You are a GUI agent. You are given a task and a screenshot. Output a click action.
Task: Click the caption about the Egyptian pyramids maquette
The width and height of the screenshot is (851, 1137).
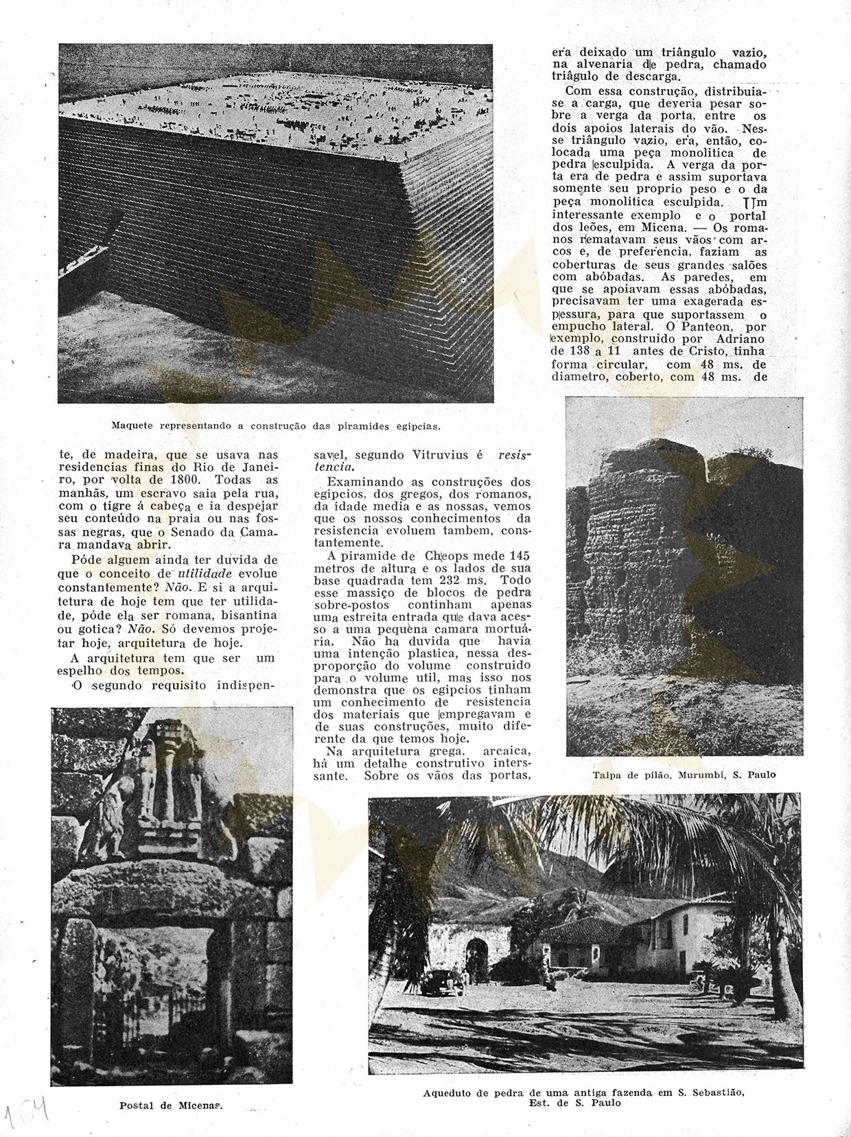coord(275,425)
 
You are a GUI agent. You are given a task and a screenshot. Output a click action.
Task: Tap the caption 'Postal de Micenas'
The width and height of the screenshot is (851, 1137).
coord(173,1105)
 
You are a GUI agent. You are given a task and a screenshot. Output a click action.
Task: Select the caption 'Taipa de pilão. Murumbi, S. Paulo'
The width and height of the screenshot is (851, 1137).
coord(684,775)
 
